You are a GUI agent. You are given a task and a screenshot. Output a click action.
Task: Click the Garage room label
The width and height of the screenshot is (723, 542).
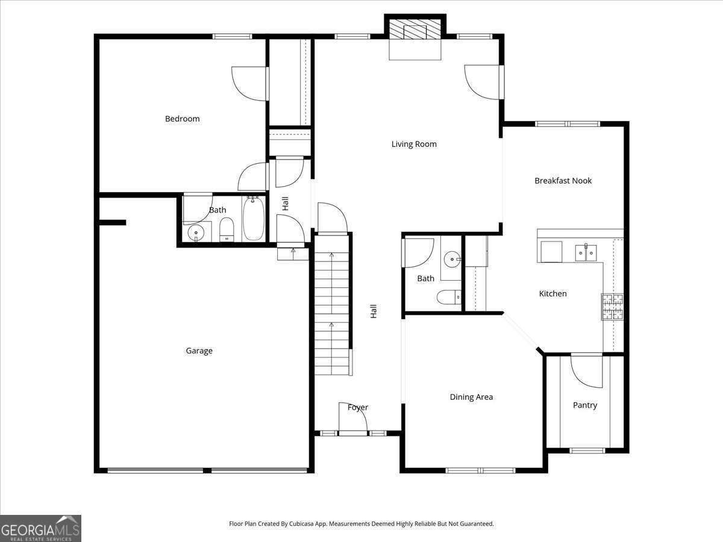(x=199, y=351)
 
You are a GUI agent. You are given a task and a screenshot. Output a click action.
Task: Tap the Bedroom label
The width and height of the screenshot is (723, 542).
(x=182, y=119)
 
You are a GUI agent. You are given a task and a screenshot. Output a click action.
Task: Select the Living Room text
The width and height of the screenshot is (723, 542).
(x=414, y=145)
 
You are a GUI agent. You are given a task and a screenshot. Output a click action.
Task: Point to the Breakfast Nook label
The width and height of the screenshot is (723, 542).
(x=563, y=181)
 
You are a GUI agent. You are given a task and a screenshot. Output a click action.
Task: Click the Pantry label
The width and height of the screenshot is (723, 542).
(x=585, y=405)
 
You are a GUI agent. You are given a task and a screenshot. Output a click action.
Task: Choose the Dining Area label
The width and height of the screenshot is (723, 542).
(x=471, y=397)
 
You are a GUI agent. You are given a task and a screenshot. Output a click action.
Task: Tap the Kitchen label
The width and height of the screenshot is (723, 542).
(x=552, y=293)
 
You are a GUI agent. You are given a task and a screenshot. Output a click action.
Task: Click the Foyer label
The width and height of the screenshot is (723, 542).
(x=358, y=408)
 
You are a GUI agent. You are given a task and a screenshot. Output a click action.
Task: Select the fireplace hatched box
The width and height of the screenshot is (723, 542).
(x=415, y=30)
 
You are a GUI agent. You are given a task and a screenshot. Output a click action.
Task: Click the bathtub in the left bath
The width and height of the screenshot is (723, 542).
(x=253, y=219)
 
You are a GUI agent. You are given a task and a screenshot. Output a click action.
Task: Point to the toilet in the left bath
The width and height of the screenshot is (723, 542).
(x=227, y=229)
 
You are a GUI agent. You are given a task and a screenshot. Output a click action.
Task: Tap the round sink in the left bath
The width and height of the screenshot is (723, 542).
(x=196, y=233)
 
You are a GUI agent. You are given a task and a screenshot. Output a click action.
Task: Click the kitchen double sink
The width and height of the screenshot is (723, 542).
(x=586, y=253)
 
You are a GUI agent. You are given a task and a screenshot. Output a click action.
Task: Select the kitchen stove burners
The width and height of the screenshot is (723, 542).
(x=613, y=307)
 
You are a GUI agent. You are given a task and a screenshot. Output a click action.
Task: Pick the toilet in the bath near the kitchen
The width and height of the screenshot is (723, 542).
(x=449, y=297)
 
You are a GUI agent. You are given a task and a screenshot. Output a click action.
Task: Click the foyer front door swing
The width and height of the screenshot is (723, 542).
(x=353, y=417)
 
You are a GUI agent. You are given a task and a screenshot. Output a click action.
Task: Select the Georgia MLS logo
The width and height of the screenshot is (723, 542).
(x=40, y=529)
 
